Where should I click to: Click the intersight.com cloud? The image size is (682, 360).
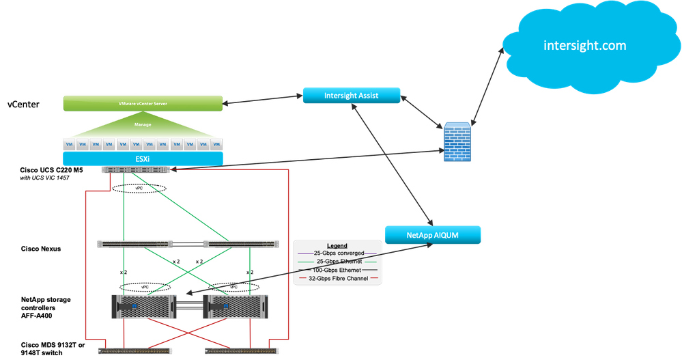[x=584, y=46]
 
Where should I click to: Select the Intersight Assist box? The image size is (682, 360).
[x=352, y=96]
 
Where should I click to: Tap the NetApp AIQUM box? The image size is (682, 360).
[x=433, y=235]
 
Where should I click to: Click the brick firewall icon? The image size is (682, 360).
[x=457, y=142]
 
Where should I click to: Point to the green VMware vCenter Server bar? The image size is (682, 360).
[x=143, y=104]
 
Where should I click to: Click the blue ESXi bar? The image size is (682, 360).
[x=143, y=159]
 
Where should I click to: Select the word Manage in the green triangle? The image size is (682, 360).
[x=143, y=125]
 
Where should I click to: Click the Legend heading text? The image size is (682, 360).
[x=337, y=246]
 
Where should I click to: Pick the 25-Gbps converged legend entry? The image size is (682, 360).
[x=337, y=253]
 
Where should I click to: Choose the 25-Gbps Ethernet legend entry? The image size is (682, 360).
[x=337, y=262]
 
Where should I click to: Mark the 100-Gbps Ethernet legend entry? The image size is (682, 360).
[x=337, y=270]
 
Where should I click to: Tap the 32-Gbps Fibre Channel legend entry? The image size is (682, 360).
[x=337, y=278]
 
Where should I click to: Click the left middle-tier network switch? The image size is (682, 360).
[x=134, y=243]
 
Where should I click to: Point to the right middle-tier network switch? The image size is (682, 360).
[x=240, y=243]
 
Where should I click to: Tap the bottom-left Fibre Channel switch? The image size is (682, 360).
[x=134, y=350]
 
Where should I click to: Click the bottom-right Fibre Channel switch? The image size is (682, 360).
[x=240, y=350]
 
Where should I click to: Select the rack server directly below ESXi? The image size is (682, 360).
[x=134, y=170]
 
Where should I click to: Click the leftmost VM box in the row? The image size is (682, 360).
[x=68, y=144]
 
